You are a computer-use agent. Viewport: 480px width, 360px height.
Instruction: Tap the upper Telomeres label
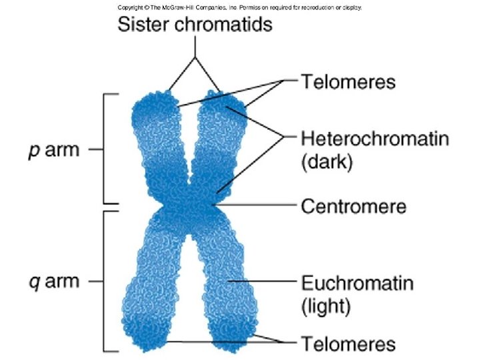click(349, 82)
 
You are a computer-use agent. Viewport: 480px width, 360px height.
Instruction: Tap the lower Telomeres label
click(349, 345)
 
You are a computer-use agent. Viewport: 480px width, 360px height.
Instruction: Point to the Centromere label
click(354, 207)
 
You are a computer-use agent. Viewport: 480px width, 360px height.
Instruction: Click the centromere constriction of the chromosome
click(190, 207)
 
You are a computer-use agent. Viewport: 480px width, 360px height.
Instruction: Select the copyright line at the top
click(240, 7)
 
